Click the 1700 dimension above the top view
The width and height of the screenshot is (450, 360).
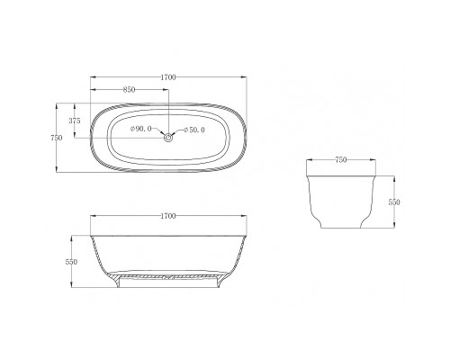[x=168, y=77]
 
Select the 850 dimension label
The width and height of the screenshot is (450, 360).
[x=130, y=89]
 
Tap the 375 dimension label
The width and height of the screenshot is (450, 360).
[x=75, y=121]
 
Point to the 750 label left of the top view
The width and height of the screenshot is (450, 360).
[x=57, y=138]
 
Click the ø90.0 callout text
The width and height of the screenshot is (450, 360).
[x=141, y=129]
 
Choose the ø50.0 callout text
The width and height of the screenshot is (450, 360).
[x=194, y=130]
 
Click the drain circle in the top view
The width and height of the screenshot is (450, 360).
[x=168, y=138]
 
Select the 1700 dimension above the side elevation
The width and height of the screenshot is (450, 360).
[x=168, y=216]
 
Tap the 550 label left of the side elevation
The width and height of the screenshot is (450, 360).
[x=71, y=262]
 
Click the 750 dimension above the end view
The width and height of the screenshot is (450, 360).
[x=341, y=160]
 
